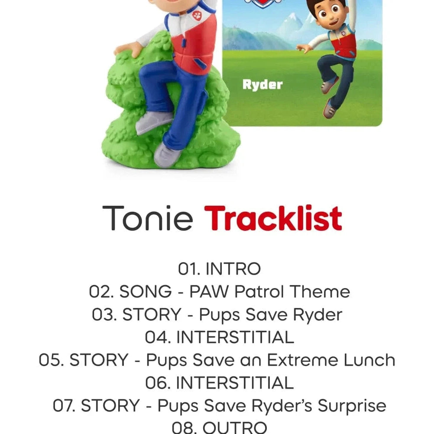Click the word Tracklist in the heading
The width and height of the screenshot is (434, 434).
273,218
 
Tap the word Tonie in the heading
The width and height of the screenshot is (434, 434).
148,218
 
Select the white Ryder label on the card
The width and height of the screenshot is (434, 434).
262,85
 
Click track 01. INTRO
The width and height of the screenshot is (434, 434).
219,269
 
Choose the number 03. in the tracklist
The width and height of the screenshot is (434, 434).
104,315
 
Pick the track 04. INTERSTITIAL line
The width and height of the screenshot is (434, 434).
219,337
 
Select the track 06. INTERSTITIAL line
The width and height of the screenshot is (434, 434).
219,383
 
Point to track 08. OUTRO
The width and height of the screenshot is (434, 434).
219,428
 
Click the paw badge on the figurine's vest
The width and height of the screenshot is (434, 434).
197,16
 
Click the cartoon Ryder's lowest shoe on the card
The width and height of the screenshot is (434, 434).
329,109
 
